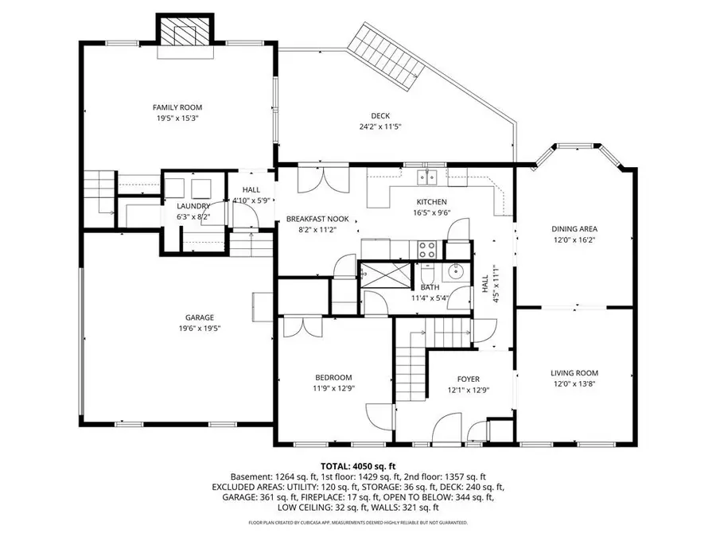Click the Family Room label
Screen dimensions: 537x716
click(177, 107)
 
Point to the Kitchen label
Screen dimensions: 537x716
click(431, 202)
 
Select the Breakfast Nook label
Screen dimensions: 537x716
click(317, 218)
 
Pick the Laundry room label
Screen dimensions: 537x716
click(193, 206)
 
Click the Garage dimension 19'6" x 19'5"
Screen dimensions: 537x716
click(177, 328)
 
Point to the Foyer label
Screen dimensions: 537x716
click(468, 379)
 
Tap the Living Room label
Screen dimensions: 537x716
click(574, 372)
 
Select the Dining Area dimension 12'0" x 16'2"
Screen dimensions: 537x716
click(574, 239)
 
